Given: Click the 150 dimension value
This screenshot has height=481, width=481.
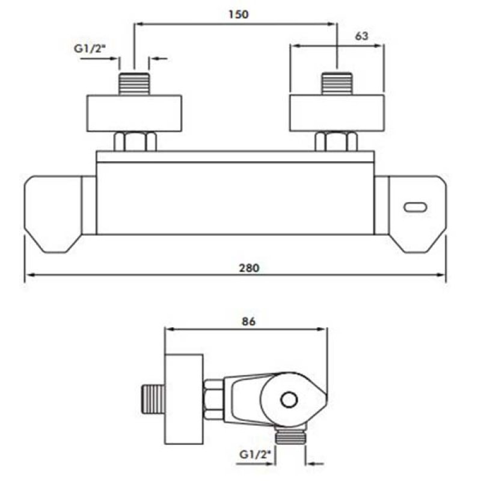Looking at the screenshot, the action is [x=239, y=14].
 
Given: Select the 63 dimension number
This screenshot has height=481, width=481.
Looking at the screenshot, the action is [x=361, y=36].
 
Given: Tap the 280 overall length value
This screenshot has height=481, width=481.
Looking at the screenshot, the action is [x=249, y=268].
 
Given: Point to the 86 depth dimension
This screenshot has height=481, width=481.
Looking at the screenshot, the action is [x=248, y=321].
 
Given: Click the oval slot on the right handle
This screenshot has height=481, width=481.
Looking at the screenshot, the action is [x=415, y=207].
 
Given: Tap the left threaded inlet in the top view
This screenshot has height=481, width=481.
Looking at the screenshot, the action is [x=134, y=84].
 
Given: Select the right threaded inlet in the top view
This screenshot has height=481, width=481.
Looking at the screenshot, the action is [x=337, y=84].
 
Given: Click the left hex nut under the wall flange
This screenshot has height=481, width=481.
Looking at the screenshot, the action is [x=135, y=141].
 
